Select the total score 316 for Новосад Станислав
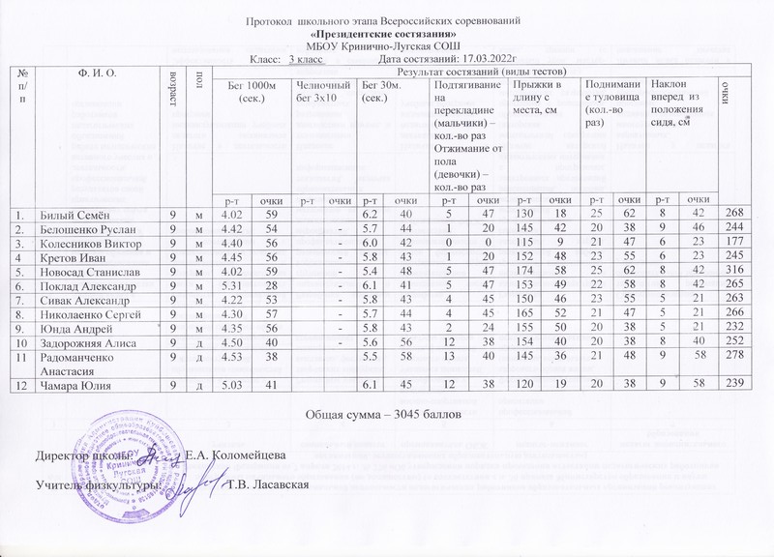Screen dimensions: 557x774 point(735,271)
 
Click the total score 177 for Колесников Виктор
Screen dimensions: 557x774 point(735,242)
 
